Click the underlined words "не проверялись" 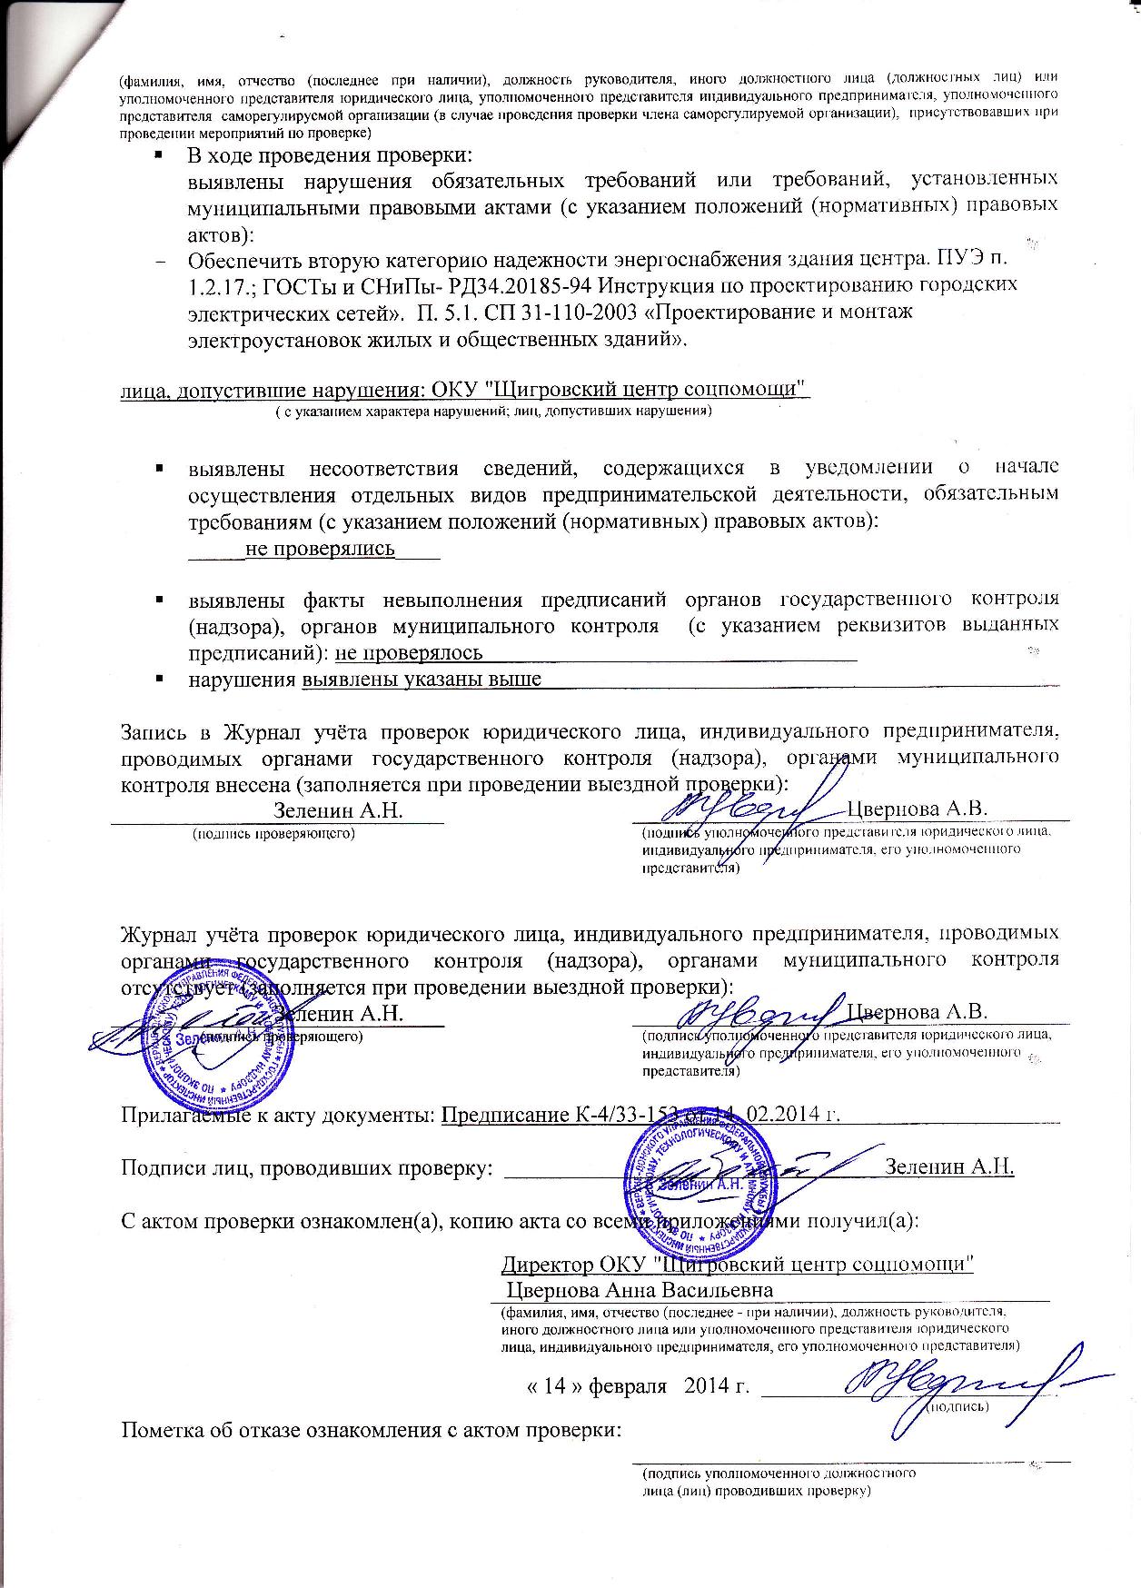pyautogui.click(x=321, y=549)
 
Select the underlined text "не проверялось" pyautogui.click(x=409, y=652)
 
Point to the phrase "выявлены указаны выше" pyautogui.click(x=422, y=680)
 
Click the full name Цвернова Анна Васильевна pyautogui.click(x=640, y=1290)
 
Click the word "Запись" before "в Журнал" pyautogui.click(x=153, y=730)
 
